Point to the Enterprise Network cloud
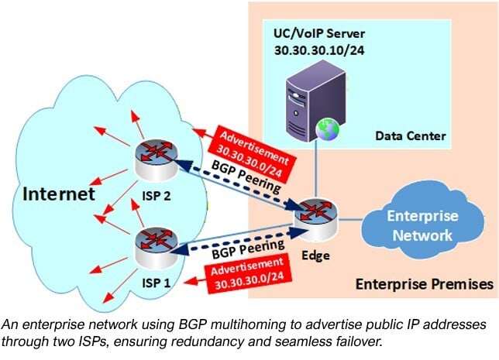pyautogui.click(x=423, y=224)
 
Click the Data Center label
pyautogui.click(x=410, y=136)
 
